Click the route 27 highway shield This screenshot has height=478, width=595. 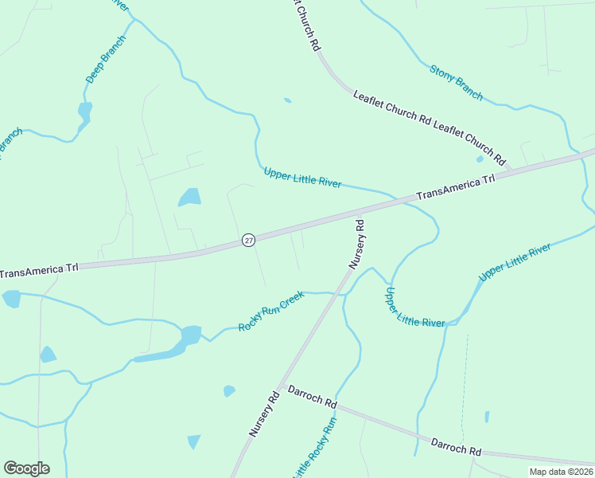[249, 240]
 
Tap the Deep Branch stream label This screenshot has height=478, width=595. [105, 60]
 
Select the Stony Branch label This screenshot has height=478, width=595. [456, 82]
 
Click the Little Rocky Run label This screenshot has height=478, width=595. [316, 449]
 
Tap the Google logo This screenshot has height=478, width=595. [26, 468]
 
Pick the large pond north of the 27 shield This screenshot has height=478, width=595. [189, 197]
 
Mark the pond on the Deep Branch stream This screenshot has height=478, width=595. [84, 112]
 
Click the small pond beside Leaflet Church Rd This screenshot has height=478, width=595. [480, 159]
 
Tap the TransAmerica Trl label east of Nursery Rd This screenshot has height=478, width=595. [456, 187]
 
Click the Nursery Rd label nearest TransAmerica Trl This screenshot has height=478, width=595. [356, 243]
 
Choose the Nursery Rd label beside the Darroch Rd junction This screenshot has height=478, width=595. [264, 412]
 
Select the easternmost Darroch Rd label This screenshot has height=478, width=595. [456, 446]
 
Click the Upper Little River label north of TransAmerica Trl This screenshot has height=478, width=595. [302, 178]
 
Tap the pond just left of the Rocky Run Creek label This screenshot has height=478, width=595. [191, 335]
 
